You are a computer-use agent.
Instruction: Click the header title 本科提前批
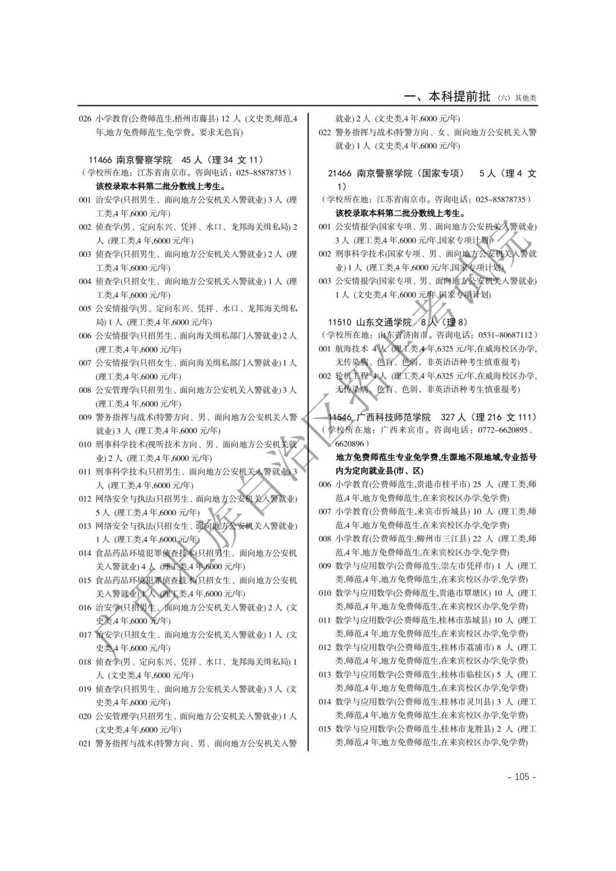[459, 97]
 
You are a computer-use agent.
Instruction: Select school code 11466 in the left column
[100, 160]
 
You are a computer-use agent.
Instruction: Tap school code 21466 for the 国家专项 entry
[340, 173]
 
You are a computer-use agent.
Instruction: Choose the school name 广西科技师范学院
[394, 417]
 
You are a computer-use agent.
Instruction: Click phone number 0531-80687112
[504, 335]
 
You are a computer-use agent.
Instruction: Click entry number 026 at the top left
[85, 118]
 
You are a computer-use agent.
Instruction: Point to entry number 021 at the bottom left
[85, 743]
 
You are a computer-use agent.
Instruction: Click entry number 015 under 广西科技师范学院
[325, 729]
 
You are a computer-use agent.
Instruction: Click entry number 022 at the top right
[325, 132]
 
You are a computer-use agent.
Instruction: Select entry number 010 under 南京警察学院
[85, 445]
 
